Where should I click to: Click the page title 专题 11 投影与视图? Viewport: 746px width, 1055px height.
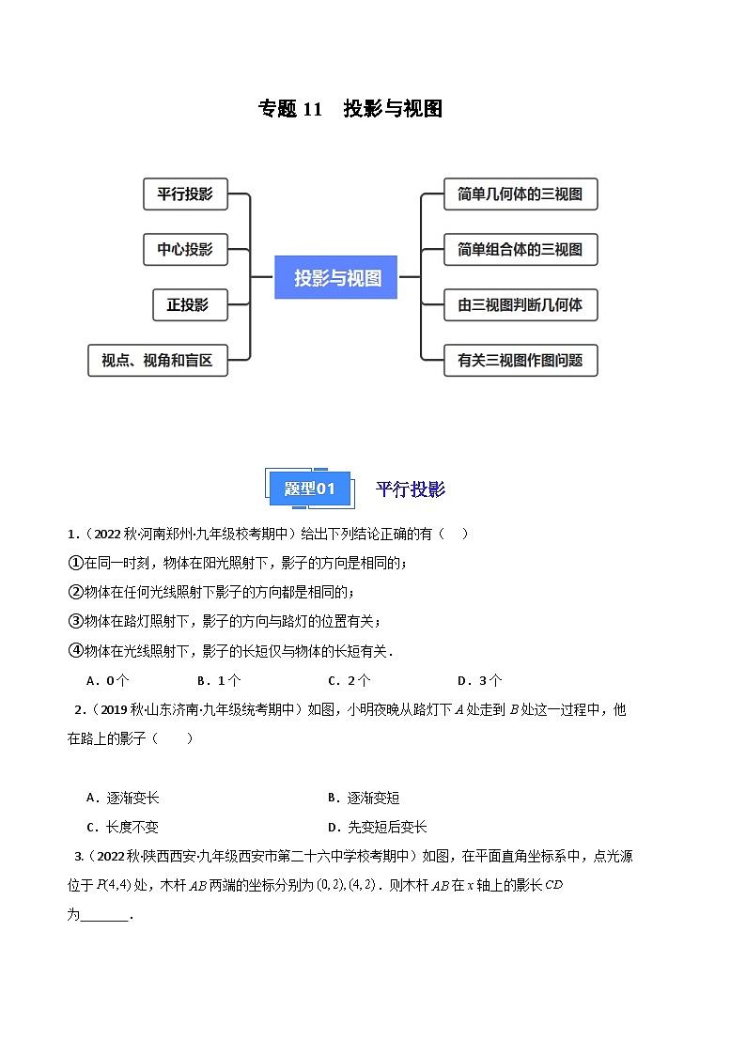pyautogui.click(x=350, y=108)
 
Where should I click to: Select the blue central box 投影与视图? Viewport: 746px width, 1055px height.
pyautogui.click(x=335, y=277)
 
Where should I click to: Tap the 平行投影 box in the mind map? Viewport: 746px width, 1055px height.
pyautogui.click(x=186, y=194)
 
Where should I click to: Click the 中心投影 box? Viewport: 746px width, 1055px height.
pyautogui.click(x=186, y=250)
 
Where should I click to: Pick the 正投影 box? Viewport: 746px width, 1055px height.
pyautogui.click(x=190, y=304)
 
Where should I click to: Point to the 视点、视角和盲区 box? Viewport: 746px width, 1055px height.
pyautogui.click(x=158, y=360)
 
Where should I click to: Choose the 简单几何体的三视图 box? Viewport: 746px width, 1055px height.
pyautogui.click(x=521, y=194)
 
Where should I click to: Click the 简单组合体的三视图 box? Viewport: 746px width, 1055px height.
pyautogui.click(x=521, y=250)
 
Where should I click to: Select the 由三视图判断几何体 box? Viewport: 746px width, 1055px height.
pyautogui.click(x=521, y=304)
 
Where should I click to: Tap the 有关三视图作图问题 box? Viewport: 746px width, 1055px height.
pyautogui.click(x=521, y=360)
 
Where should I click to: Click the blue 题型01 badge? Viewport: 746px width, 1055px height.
pyautogui.click(x=309, y=489)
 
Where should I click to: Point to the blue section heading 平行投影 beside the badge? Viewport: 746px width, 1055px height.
pyautogui.click(x=411, y=489)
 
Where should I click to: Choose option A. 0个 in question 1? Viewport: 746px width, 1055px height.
pyautogui.click(x=108, y=680)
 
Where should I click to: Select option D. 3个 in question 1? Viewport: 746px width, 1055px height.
pyautogui.click(x=479, y=680)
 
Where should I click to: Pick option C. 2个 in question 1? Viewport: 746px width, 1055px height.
pyautogui.click(x=350, y=680)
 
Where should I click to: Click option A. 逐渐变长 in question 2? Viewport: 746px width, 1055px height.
pyautogui.click(x=123, y=798)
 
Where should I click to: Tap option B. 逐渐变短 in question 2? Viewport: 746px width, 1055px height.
pyautogui.click(x=364, y=798)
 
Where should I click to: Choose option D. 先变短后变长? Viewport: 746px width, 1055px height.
pyautogui.click(x=378, y=827)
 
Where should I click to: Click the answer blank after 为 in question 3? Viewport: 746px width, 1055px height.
pyautogui.click(x=104, y=916)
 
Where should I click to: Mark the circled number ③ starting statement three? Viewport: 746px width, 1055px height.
pyautogui.click(x=75, y=621)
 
